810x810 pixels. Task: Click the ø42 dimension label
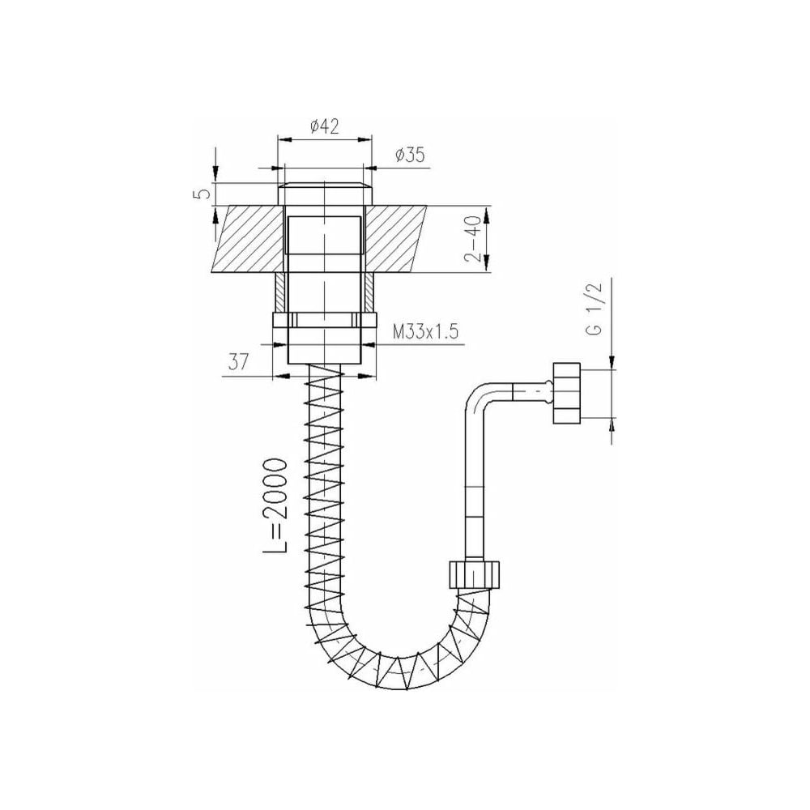click(325, 126)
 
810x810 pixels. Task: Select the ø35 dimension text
click(410, 155)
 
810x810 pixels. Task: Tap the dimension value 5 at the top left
click(205, 194)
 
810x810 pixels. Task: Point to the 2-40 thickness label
click(473, 238)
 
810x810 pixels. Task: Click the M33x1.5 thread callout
click(426, 331)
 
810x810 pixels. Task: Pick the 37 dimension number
click(239, 361)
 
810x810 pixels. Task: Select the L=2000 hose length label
click(275, 505)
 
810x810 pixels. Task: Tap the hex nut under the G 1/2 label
click(567, 393)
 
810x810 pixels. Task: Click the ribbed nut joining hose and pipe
click(474, 574)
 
